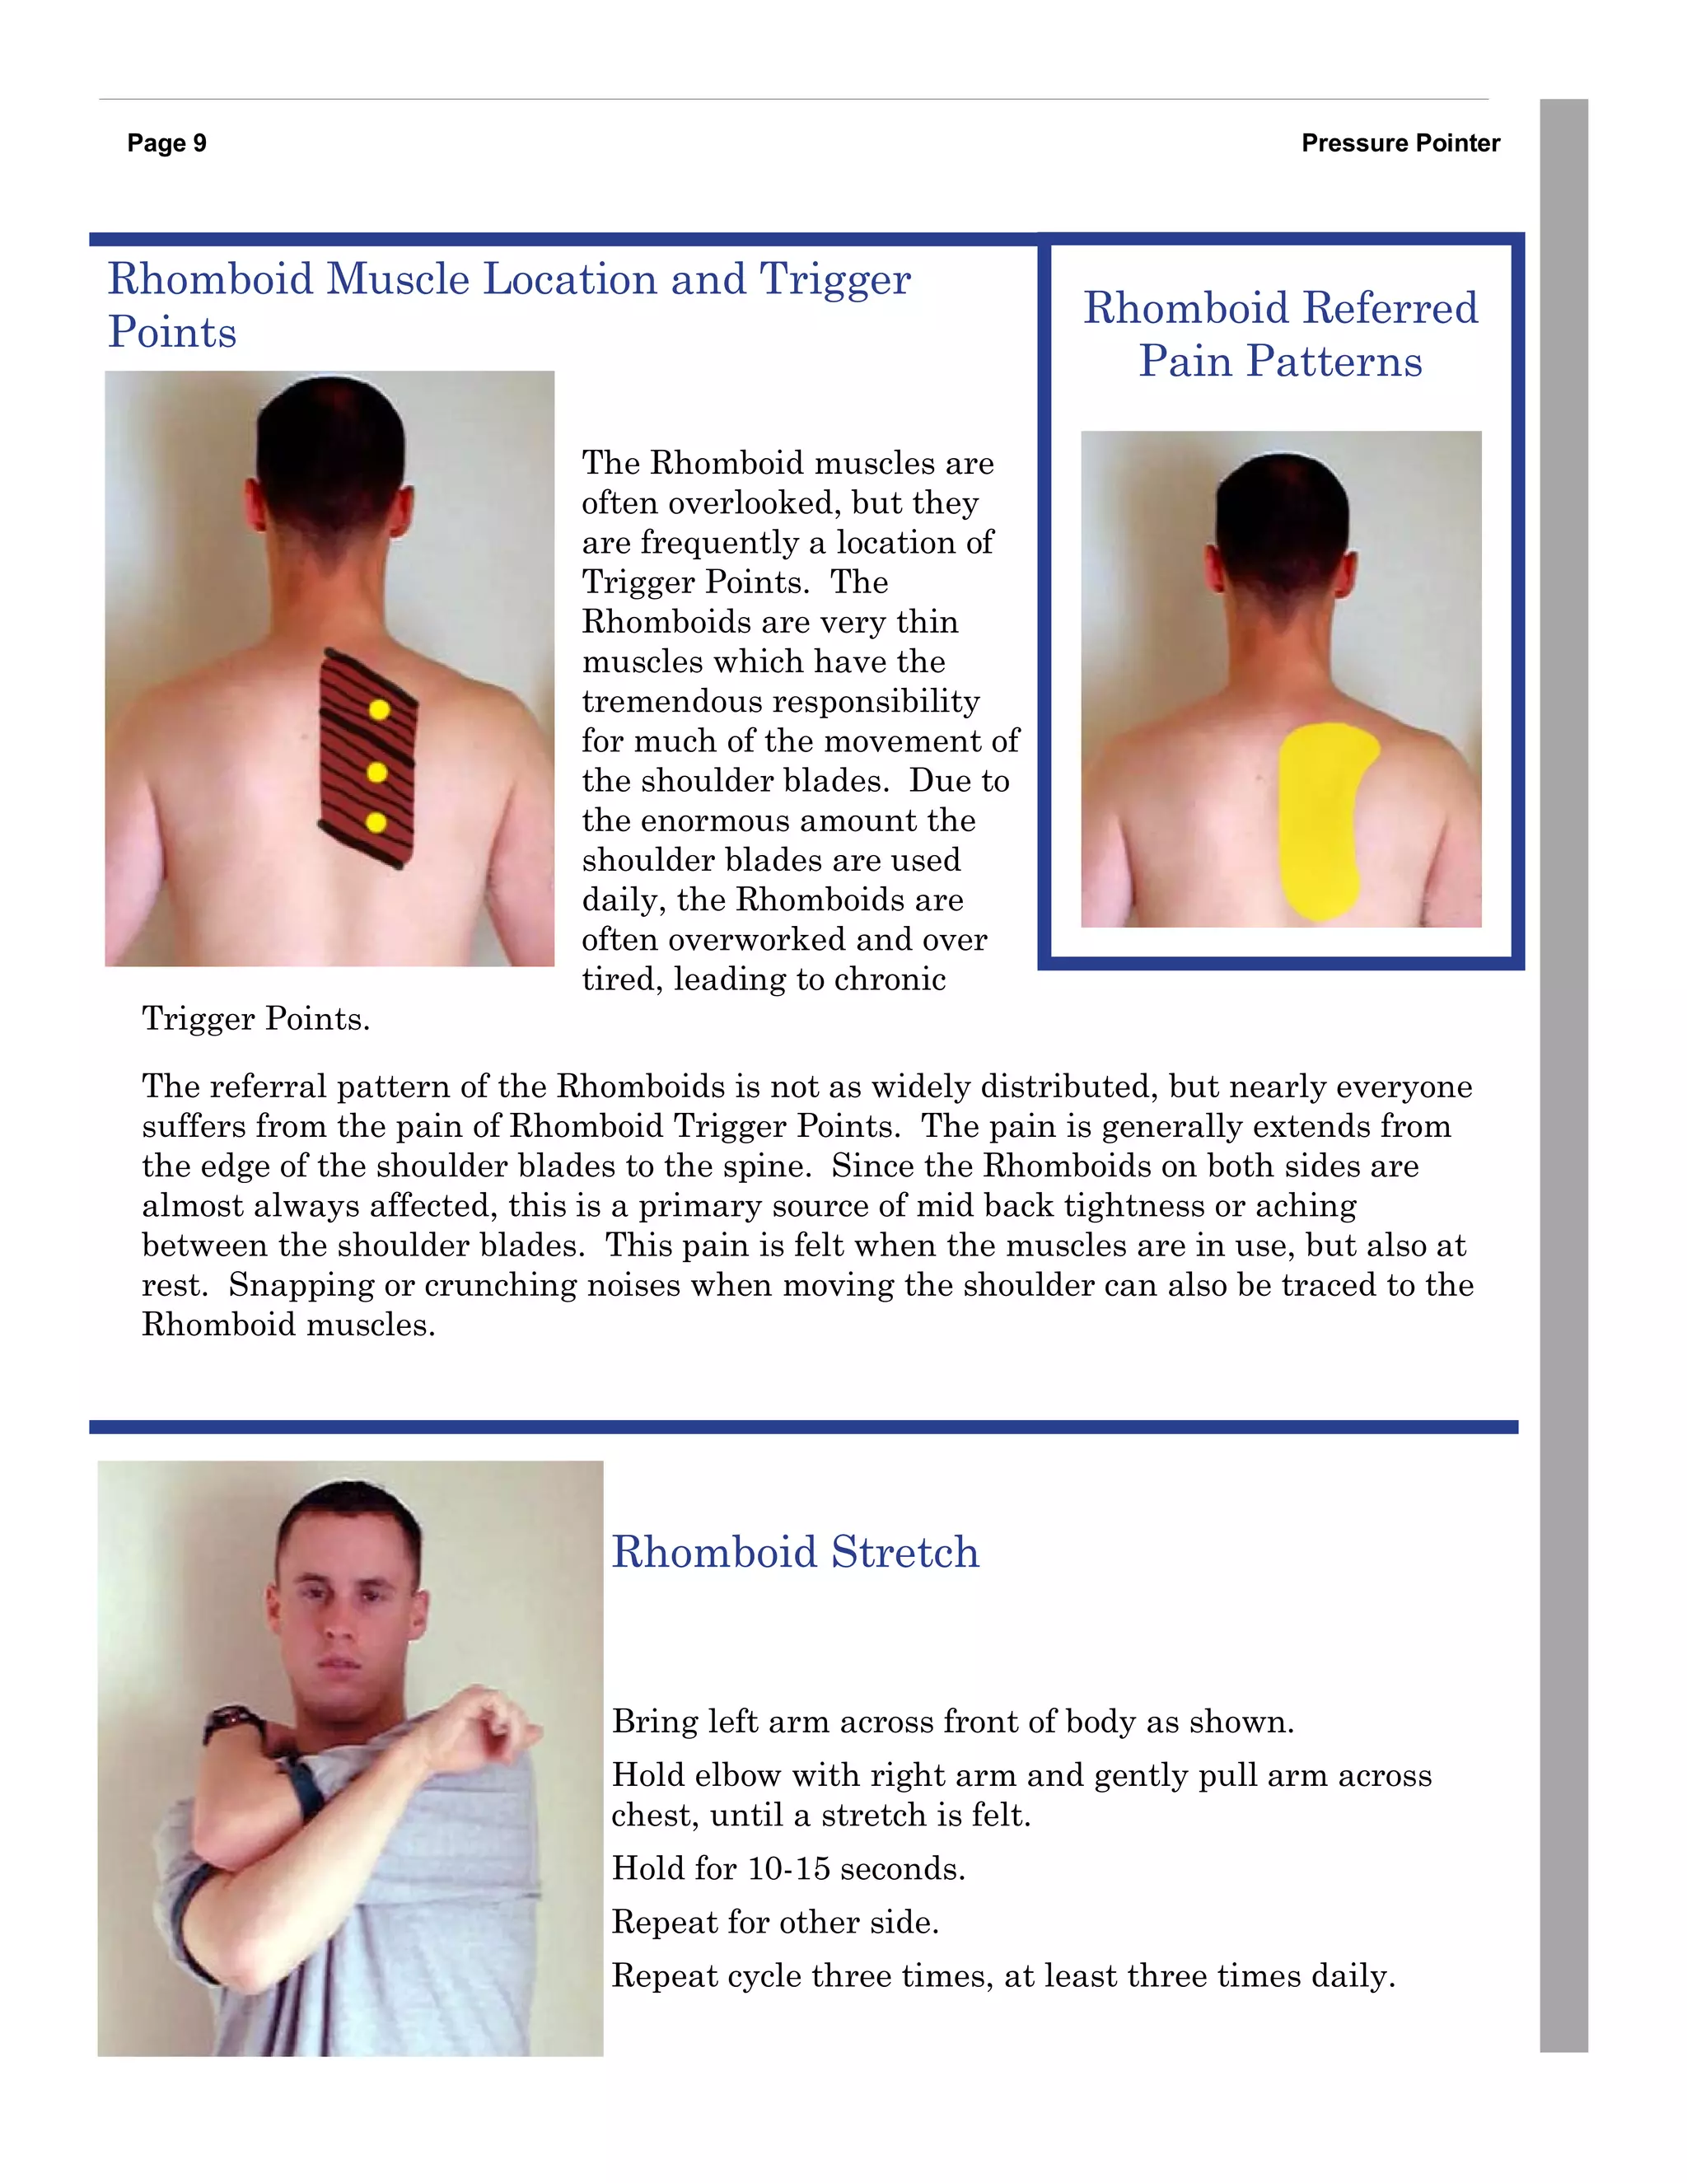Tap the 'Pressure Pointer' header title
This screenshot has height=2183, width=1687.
[1400, 143]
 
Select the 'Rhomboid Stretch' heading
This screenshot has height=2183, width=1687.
[795, 1552]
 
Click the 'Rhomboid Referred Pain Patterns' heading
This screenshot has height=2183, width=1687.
[1280, 334]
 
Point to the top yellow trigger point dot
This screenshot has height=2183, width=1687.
[379, 709]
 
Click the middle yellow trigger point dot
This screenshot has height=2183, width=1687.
[376, 772]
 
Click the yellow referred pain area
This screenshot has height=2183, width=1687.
[1320, 820]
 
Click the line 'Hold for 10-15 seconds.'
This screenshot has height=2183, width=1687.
[788, 1868]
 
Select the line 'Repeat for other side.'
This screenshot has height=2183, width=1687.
[774, 1922]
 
